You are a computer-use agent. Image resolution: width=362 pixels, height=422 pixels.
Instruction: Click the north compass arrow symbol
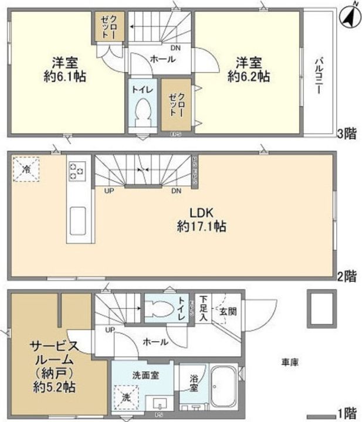pos(348,15)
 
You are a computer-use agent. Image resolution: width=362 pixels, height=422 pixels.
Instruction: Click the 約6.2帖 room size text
pos(253,76)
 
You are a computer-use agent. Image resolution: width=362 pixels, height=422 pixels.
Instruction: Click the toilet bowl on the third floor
pos(143,111)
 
